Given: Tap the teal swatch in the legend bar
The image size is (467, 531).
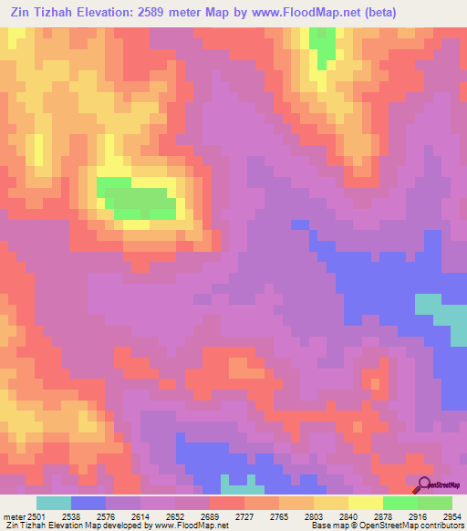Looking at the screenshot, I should (54, 503).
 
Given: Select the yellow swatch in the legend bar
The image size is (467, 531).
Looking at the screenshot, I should (366, 503).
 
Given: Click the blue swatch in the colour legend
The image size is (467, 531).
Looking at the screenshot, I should (88, 503).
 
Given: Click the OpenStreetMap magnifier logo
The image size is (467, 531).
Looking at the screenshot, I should (424, 484).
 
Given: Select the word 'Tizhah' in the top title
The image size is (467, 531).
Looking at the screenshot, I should (63, 13).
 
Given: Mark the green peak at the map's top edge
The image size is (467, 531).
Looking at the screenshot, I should (322, 46).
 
